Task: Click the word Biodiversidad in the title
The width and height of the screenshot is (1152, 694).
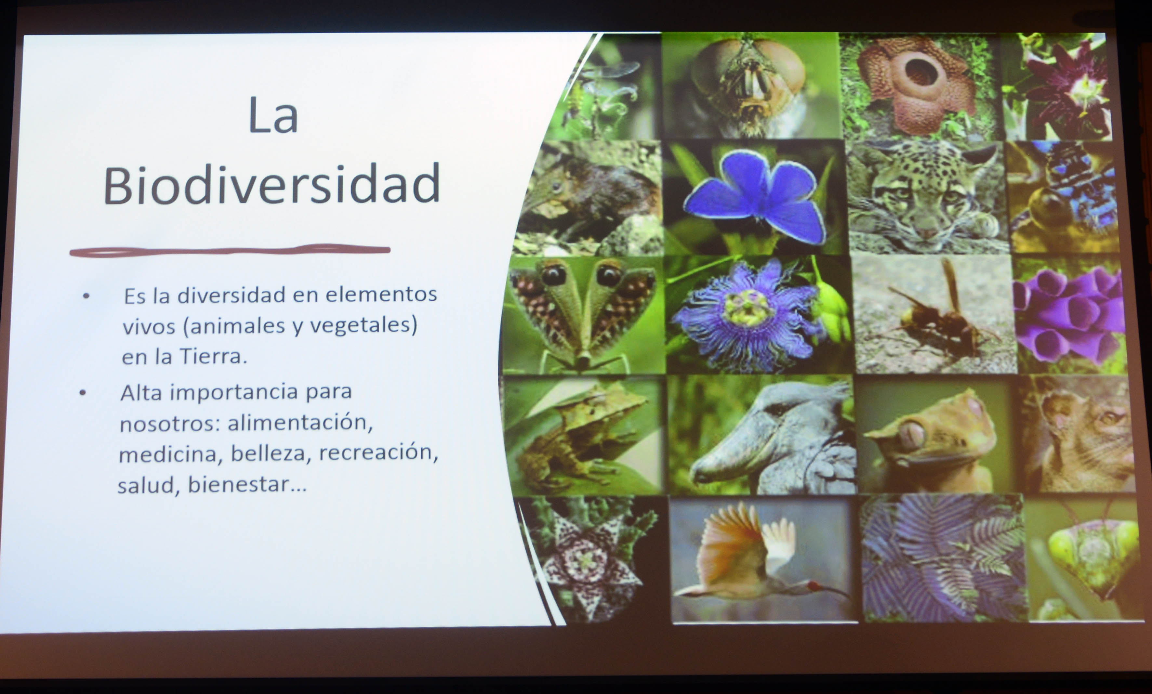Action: coord(271,185)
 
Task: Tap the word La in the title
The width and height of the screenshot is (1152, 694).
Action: coord(273,115)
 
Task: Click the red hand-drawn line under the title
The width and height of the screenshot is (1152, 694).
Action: coord(230,251)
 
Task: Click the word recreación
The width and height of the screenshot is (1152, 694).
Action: coord(378,452)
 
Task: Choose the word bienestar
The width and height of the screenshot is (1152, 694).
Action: coord(247,484)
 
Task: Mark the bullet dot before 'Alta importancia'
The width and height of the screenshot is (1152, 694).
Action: coord(83,393)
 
